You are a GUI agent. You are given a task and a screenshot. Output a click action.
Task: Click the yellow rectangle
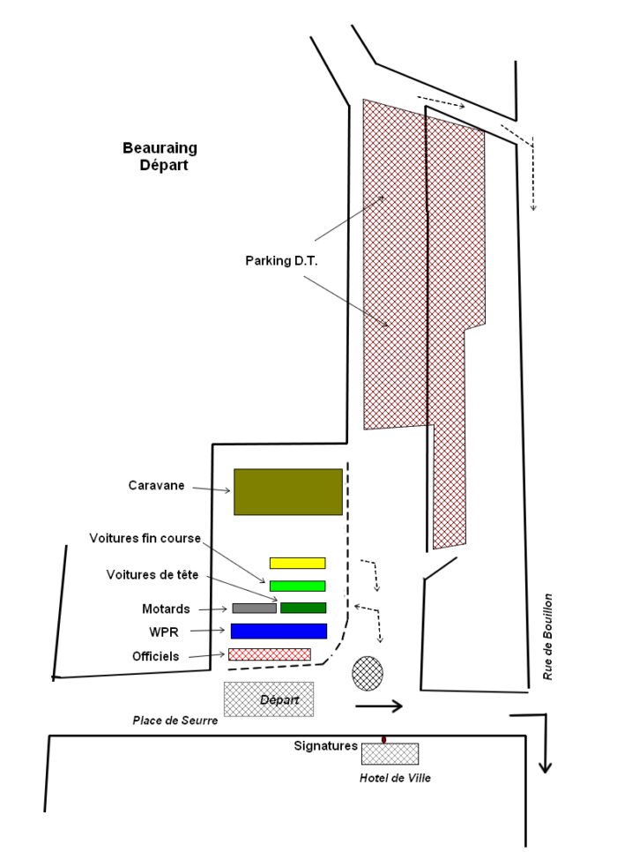(x=298, y=563)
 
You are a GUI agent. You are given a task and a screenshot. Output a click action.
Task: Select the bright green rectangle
(x=298, y=586)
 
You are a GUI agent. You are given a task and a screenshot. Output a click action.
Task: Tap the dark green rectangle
(x=303, y=608)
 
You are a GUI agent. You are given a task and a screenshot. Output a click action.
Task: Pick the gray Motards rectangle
(x=254, y=609)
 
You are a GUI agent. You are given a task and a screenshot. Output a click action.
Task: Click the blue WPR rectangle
(x=279, y=631)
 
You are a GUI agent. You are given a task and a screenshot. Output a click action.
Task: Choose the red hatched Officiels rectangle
(x=270, y=654)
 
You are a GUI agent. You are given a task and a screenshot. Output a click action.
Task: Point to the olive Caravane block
(x=288, y=492)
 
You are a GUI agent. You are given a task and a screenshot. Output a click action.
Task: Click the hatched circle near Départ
(x=368, y=673)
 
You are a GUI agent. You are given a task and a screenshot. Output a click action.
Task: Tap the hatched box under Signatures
(x=390, y=753)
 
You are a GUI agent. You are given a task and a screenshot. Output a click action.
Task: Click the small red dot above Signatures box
(x=384, y=739)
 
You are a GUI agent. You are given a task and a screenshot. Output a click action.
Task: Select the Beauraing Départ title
(x=160, y=156)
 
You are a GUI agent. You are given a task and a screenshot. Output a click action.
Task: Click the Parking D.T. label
(x=281, y=261)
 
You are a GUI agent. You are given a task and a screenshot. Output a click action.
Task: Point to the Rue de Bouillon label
(x=547, y=636)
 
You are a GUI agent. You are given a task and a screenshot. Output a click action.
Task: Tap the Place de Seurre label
(x=175, y=721)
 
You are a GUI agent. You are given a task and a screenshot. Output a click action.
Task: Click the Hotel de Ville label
(x=395, y=778)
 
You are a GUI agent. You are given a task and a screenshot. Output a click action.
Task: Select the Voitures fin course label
(x=145, y=538)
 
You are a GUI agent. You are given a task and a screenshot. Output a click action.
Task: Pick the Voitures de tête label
(x=152, y=574)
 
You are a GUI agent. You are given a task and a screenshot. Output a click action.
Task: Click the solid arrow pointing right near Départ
(x=378, y=706)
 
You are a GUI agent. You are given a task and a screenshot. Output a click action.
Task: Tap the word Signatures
(x=326, y=746)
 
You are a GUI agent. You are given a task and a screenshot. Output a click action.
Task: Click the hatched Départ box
(x=269, y=699)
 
